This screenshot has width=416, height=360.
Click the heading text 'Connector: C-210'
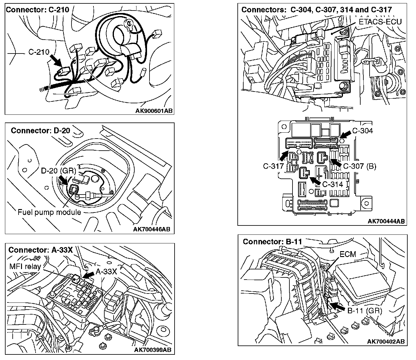[38, 10]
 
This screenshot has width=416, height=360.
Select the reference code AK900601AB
[154, 111]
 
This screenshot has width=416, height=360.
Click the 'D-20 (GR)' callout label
[58, 171]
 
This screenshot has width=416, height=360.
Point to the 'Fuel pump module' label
[49, 212]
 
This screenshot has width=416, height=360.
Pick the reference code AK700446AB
[152, 229]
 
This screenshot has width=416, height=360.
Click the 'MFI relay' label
[25, 267]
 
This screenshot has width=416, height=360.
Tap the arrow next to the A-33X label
[88, 275]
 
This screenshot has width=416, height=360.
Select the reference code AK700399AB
[153, 350]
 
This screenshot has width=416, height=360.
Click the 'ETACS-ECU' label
[380, 22]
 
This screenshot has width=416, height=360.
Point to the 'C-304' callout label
[362, 131]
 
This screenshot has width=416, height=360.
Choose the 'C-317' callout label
[273, 166]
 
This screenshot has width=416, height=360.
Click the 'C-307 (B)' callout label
[359, 166]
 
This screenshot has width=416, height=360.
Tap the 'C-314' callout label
[333, 184]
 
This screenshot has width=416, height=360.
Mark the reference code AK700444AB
[386, 221]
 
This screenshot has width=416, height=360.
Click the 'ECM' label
[348, 254]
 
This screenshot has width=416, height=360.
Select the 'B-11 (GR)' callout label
[365, 311]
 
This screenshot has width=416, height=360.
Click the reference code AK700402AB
[386, 341]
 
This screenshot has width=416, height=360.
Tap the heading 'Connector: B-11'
[272, 242]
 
